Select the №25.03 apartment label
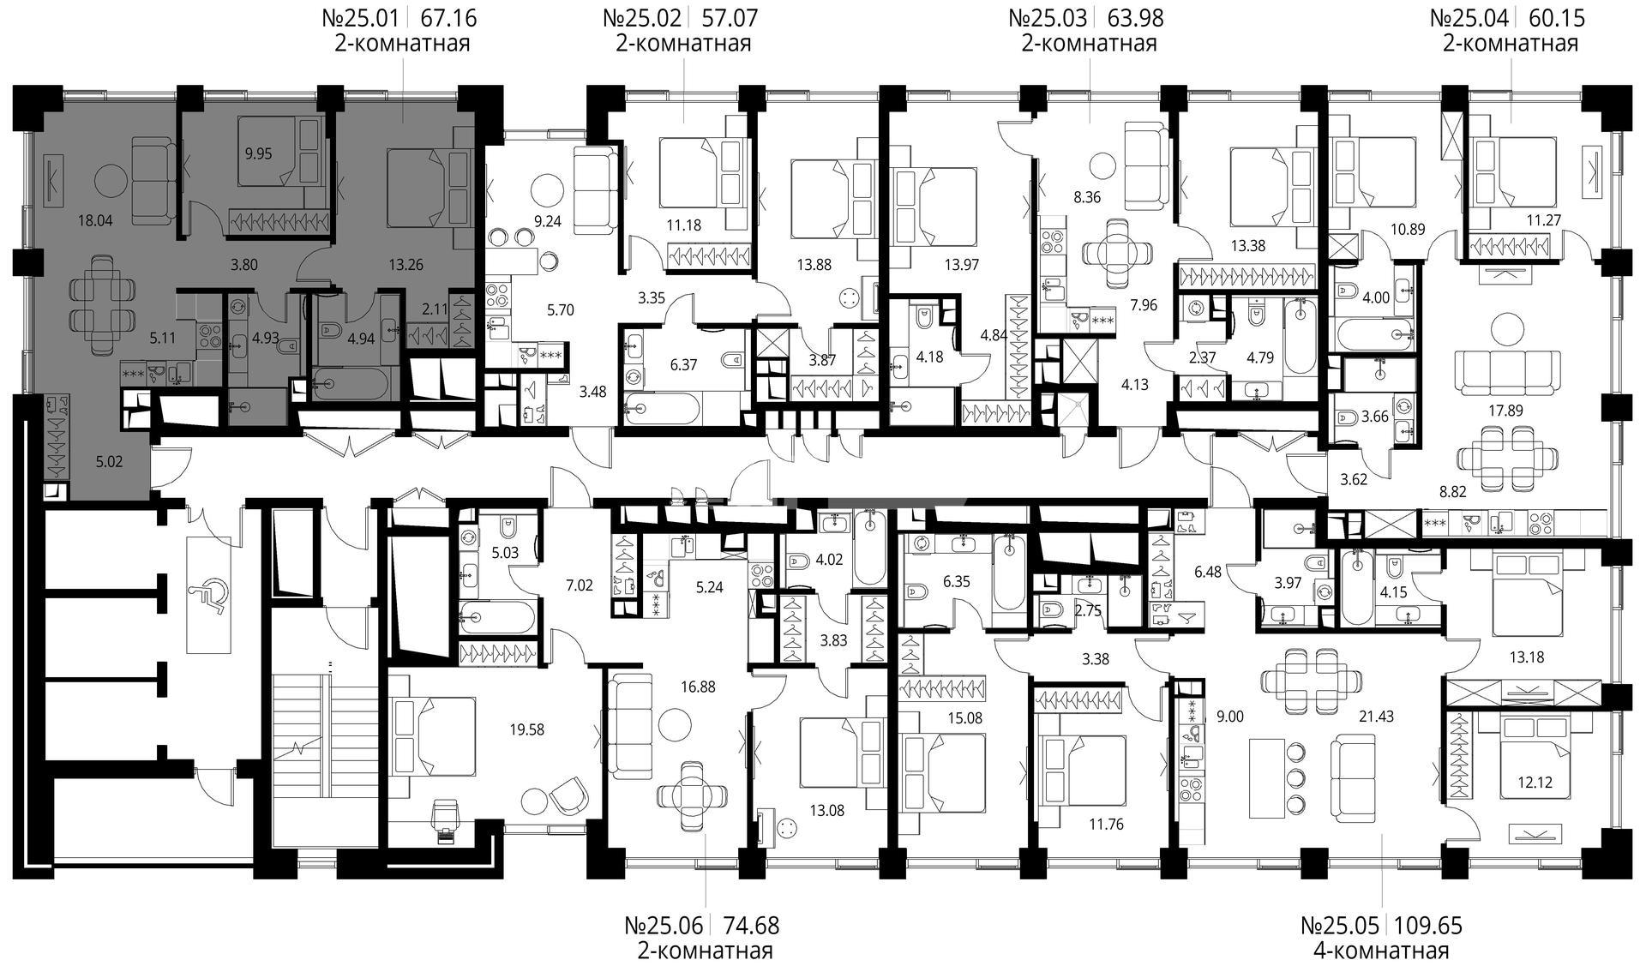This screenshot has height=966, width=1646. [x=1048, y=17]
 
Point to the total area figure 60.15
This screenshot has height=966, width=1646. [x=1556, y=17]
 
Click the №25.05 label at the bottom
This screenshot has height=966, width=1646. [x=1340, y=926]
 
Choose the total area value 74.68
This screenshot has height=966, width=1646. [x=752, y=926]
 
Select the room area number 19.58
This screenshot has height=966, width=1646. [x=526, y=730]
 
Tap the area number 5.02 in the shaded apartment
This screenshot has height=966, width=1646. [x=109, y=462]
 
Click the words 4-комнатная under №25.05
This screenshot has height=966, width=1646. [x=1381, y=951]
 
